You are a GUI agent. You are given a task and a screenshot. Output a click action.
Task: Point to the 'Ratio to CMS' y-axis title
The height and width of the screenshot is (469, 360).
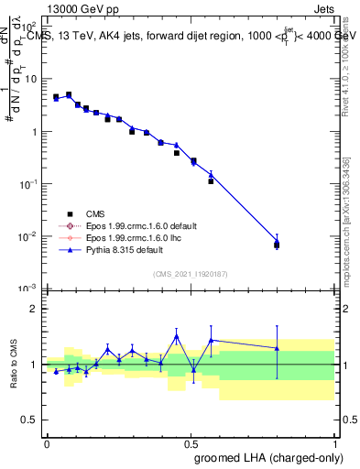coord(16,365)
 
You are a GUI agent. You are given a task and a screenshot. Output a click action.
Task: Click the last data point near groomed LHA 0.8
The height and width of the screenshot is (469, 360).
coord(277,245)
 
